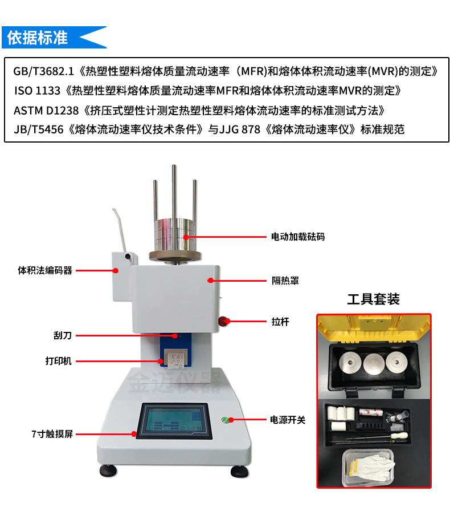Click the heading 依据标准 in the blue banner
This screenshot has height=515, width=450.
38,38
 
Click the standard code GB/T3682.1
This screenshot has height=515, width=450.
44,71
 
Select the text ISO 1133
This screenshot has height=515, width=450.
38,91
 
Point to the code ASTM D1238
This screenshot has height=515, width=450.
46,111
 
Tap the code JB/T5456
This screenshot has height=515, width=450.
39,129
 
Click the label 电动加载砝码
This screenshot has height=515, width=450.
298,237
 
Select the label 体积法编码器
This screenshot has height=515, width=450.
45,271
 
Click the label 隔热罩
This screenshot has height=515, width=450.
285,281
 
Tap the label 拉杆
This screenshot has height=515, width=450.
280,322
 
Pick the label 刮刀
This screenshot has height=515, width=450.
63,336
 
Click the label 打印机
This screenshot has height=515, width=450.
58,361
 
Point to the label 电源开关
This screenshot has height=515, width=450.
288,420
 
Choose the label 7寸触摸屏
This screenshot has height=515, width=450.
52,434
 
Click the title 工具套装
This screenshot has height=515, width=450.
374,299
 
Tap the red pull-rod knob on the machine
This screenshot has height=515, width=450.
223,321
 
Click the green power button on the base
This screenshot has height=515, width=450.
225,420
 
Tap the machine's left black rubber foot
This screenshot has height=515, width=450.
108,471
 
